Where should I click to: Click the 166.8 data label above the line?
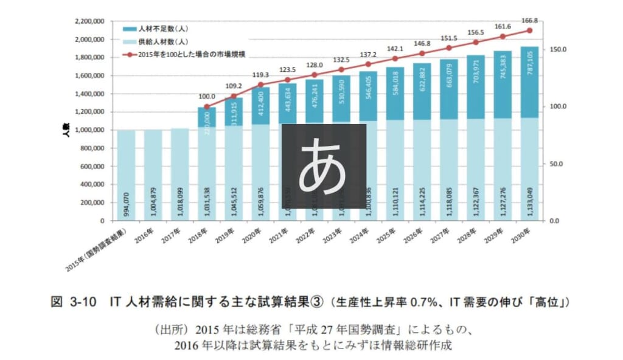point(529,21)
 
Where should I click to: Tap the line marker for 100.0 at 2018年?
point(207,107)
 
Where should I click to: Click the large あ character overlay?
point(323,165)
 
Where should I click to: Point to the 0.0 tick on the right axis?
point(557,221)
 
